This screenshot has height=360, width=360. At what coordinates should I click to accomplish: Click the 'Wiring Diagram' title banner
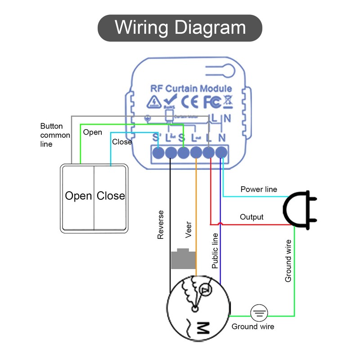click(180, 28)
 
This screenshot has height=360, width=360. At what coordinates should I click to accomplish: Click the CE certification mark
click(189, 102)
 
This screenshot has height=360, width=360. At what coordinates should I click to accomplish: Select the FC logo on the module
click(212, 102)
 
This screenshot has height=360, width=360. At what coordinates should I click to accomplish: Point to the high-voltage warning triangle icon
click(154, 102)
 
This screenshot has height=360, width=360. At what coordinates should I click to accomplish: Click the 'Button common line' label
click(55, 135)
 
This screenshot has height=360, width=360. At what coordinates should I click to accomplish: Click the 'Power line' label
click(259, 189)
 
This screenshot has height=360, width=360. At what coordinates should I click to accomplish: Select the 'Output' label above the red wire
click(252, 217)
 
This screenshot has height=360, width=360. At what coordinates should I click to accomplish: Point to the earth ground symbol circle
click(260, 312)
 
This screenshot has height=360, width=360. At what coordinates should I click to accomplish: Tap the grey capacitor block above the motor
click(183, 259)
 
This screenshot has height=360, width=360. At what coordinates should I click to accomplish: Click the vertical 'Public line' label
click(215, 251)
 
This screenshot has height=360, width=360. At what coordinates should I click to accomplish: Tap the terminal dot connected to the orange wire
click(196, 153)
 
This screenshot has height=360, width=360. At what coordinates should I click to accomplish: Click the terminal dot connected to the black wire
click(171, 153)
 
